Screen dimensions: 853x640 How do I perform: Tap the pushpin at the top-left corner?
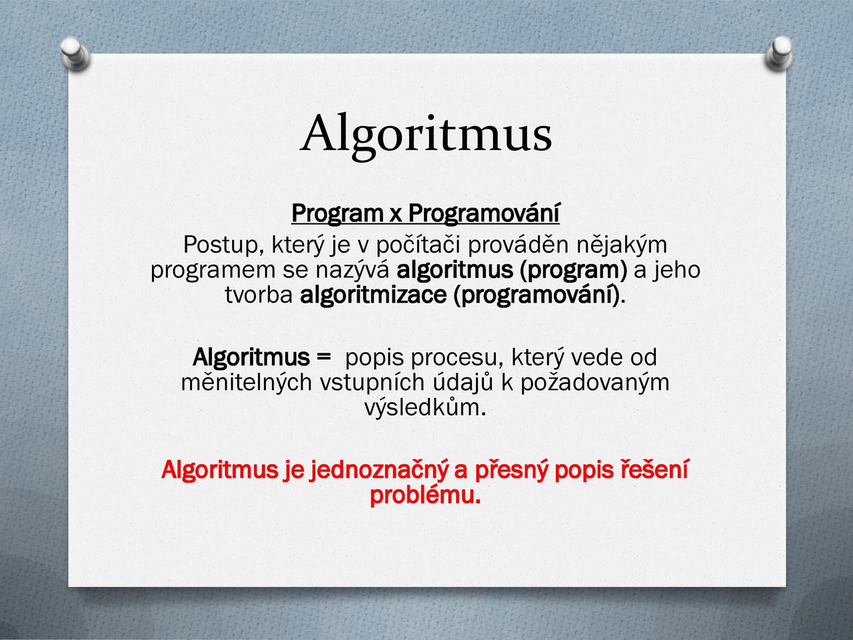point(75,53)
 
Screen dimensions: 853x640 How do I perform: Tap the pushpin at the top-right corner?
point(779,53)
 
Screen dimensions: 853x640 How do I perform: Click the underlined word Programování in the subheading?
point(484,214)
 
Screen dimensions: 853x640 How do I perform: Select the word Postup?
point(223,245)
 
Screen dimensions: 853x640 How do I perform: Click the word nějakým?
point(621,245)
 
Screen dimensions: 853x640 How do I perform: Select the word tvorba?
point(259,295)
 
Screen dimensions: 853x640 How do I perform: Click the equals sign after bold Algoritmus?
point(323,357)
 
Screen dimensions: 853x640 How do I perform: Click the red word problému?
point(425,495)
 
